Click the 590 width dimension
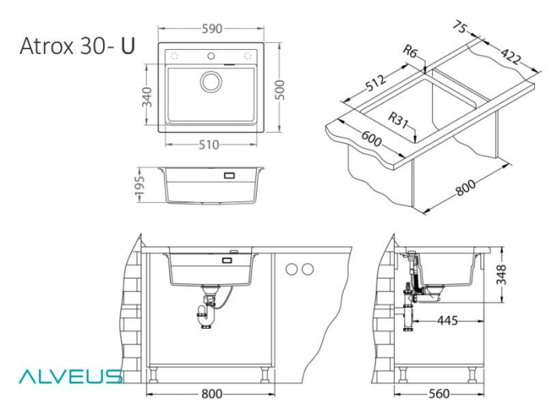coord(211,29)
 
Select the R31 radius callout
coord(399,119)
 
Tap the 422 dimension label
coord(511,56)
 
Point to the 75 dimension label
coord(459,30)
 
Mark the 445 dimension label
coord(448,320)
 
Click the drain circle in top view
coord(211,81)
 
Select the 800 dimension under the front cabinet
coord(211,393)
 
